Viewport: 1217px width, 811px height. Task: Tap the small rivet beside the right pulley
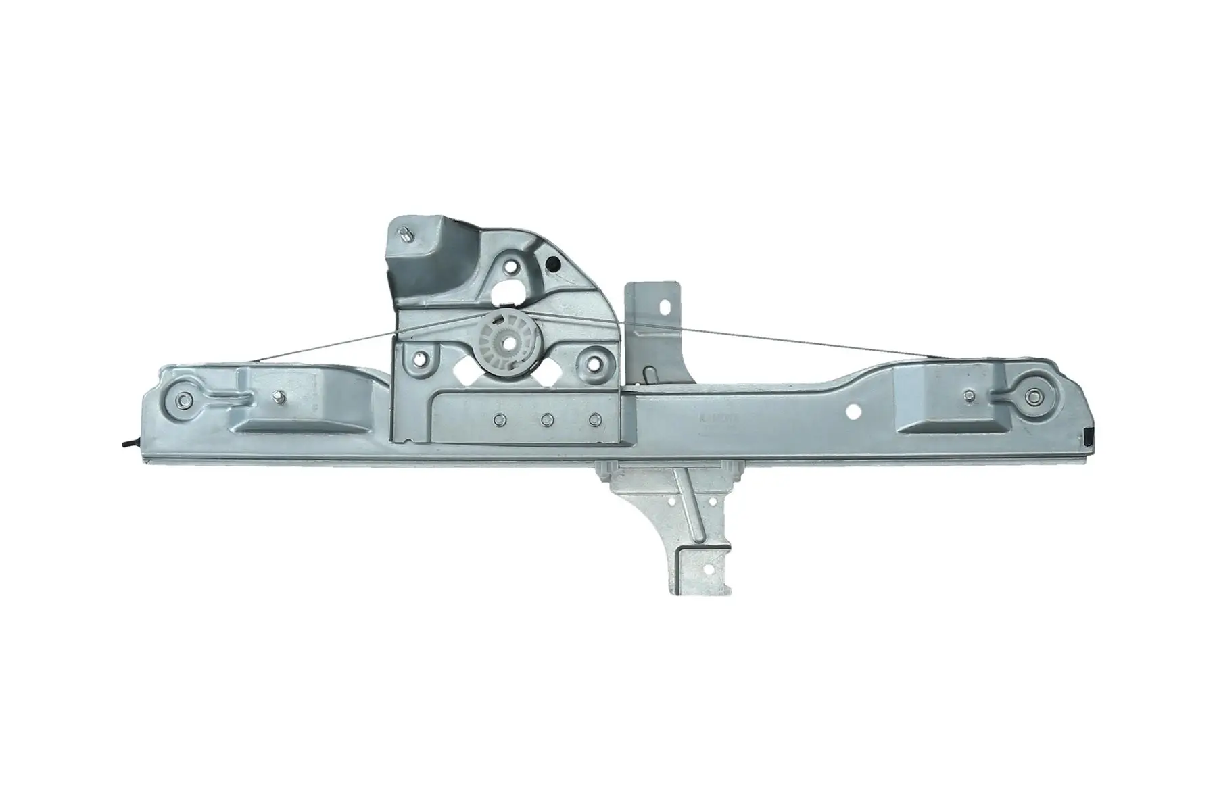[x=970, y=396]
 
